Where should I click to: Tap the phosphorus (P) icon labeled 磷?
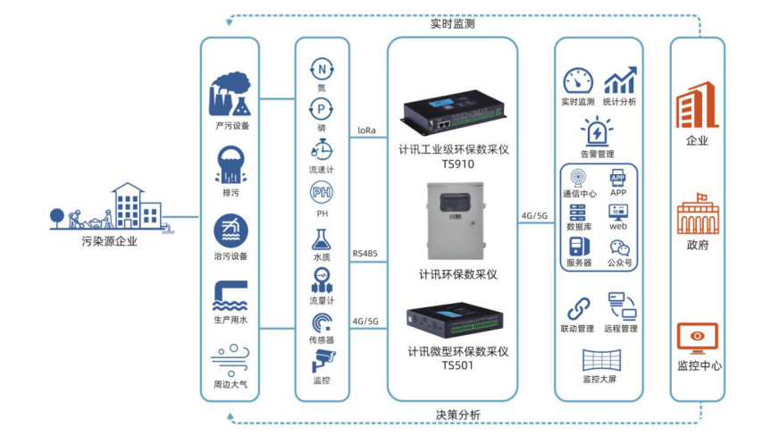321,109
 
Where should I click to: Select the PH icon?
321,192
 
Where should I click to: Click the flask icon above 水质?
321,239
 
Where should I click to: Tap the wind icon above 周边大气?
229,360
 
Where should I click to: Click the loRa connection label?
366,130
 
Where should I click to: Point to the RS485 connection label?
365,254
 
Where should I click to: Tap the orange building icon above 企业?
697,106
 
